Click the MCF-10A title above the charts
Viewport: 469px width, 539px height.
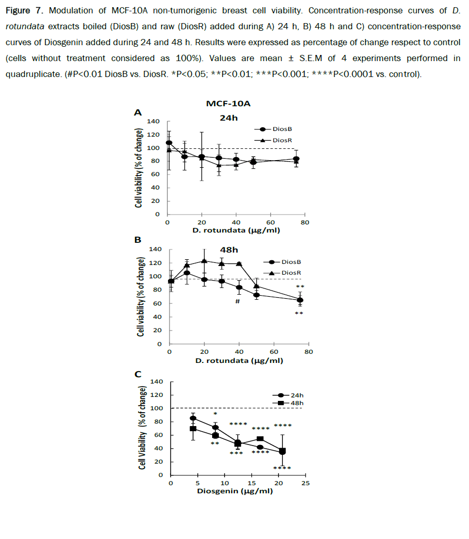(x=229, y=104)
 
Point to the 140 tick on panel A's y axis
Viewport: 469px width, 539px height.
(x=153, y=122)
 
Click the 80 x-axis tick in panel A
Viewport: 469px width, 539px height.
(x=305, y=222)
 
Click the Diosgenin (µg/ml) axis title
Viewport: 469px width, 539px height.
(x=234, y=491)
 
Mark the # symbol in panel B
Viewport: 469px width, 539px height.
(x=237, y=301)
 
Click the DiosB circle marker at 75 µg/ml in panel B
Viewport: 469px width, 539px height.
(x=300, y=300)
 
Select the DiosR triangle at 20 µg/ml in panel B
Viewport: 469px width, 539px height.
(x=204, y=261)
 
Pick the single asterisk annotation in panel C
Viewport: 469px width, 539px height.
(x=215, y=414)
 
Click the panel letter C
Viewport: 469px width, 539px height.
(x=138, y=375)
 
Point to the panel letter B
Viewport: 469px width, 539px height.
(x=138, y=240)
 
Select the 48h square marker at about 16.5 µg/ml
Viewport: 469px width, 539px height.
(x=260, y=439)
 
